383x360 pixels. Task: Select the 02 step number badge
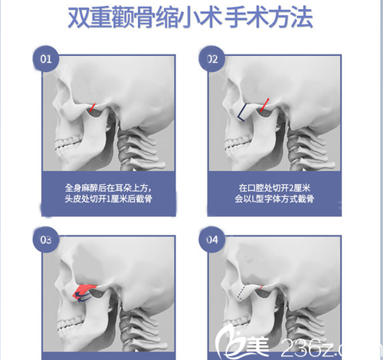click(211, 58)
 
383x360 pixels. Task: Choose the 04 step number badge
click(211, 240)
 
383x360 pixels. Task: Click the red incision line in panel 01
click(93, 110)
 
